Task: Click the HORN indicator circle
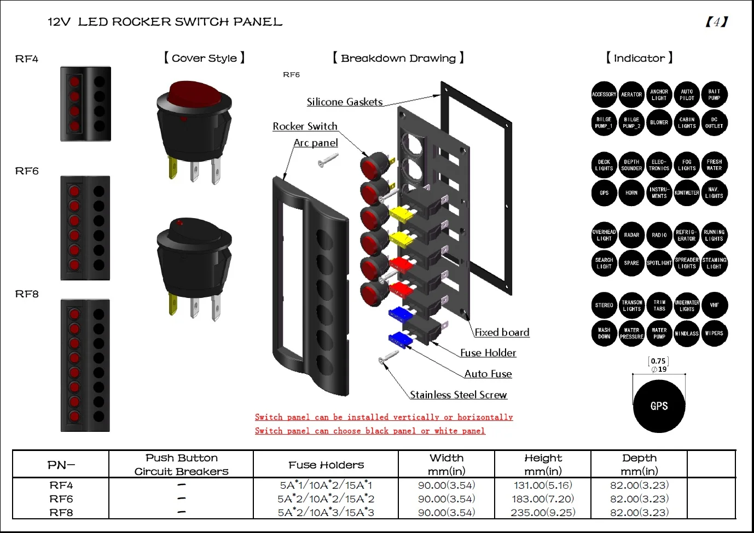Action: [x=631, y=193]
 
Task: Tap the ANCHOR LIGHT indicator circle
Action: [x=659, y=95]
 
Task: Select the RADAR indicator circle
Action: [x=631, y=235]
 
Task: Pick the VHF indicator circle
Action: [x=714, y=305]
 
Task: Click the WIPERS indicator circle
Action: [x=714, y=333]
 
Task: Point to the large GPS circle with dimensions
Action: [x=659, y=406]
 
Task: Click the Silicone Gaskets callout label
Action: [x=344, y=102]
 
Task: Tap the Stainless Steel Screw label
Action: [x=458, y=395]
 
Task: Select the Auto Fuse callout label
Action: [x=488, y=374]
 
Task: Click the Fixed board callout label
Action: [x=501, y=332]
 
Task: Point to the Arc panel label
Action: [x=316, y=143]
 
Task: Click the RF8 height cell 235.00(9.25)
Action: [x=543, y=512]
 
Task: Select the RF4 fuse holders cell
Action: [x=326, y=485]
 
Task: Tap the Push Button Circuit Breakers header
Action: [x=181, y=464]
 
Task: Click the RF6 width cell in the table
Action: [x=446, y=499]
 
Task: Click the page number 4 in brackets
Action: [x=716, y=22]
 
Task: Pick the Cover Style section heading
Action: [x=204, y=58]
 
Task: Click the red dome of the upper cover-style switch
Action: [x=194, y=93]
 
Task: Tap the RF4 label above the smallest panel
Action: [x=27, y=59]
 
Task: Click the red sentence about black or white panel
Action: [x=370, y=431]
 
